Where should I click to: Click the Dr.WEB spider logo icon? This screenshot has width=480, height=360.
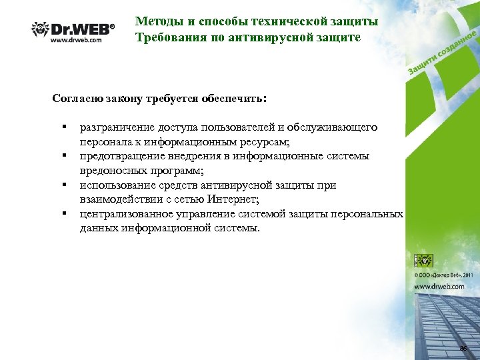pyautogui.click(x=41, y=29)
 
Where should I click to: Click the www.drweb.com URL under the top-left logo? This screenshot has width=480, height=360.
pyautogui.click(x=77, y=41)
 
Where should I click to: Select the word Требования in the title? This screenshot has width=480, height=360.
pyautogui.click(x=167, y=38)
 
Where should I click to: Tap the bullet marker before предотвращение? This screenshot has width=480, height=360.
pyautogui.click(x=65, y=156)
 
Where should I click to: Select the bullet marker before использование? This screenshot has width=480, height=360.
pyautogui.click(x=65, y=185)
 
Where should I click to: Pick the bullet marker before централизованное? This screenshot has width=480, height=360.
pyautogui.click(x=65, y=214)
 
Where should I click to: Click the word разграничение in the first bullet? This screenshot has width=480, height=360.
pyautogui.click(x=117, y=127)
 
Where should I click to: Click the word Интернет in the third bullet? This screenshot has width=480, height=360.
pyautogui.click(x=235, y=199)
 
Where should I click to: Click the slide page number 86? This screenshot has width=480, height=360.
pyautogui.click(x=463, y=349)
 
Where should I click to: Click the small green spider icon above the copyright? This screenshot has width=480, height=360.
pyautogui.click(x=425, y=261)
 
